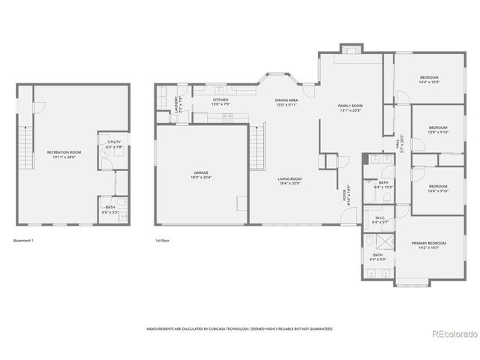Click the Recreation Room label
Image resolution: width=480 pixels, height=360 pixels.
[64, 152]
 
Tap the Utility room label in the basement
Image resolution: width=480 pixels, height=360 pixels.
[113, 142]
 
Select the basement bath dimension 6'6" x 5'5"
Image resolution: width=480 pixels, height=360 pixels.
[110, 212]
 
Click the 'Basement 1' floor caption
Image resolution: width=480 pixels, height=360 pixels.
[24, 241]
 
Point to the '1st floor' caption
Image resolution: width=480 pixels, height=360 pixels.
[163, 241]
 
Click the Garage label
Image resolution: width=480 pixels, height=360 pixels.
[201, 172]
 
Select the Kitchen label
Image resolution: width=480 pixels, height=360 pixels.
[220, 100]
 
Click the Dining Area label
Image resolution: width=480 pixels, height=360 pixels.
[286, 100]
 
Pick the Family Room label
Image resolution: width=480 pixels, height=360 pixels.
[350, 106]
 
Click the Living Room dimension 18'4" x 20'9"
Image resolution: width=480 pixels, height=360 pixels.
[289, 183]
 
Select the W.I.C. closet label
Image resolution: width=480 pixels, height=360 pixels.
[380, 217]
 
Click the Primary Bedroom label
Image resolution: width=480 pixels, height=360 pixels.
[429, 243]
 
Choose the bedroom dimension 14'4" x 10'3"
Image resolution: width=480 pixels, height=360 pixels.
[429, 82]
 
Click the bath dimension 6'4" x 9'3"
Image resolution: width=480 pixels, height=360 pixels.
[378, 259]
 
